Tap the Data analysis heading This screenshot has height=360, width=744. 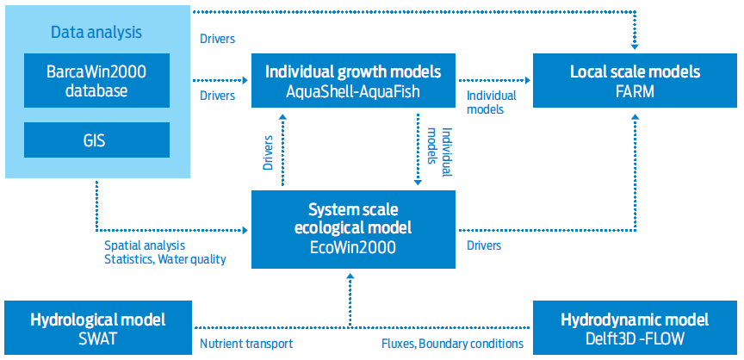(96, 33)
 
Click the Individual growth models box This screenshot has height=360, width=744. (353, 80)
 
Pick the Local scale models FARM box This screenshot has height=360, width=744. (635, 80)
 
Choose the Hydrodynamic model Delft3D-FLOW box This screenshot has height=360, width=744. (635, 327)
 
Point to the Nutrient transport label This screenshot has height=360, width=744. (246, 344)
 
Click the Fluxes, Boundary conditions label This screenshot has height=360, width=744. (452, 344)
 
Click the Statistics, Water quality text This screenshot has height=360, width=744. (164, 258)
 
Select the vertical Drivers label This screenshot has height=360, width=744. (268, 151)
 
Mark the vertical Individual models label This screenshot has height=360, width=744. (439, 151)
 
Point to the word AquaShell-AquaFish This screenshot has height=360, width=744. (353, 90)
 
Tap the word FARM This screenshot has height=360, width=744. (635, 90)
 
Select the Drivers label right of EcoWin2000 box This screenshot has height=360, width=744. (484, 246)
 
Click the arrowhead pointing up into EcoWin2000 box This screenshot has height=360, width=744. (350, 277)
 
